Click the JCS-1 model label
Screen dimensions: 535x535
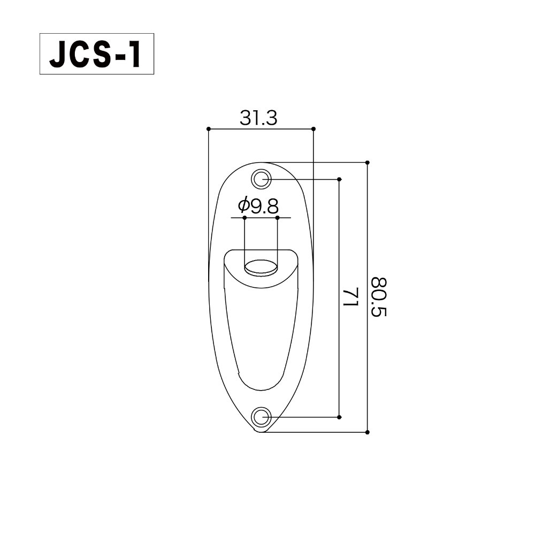tap(96, 53)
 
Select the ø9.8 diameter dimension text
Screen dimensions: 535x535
tap(260, 205)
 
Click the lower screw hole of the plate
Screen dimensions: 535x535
tap(261, 416)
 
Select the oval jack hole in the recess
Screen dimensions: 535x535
tap(261, 266)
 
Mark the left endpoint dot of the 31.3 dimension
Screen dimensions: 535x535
tap(208, 129)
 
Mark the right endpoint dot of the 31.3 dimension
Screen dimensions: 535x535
tap(314, 129)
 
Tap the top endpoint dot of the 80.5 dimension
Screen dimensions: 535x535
tap(368, 162)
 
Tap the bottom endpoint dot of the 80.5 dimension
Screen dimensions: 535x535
tap(368, 431)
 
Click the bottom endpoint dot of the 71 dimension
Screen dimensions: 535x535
tap(340, 416)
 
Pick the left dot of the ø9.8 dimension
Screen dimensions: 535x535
tap(244, 218)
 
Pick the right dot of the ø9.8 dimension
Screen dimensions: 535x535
tap(278, 218)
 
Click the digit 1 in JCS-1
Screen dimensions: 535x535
tap(134, 54)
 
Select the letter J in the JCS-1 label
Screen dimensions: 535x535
tap(58, 54)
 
